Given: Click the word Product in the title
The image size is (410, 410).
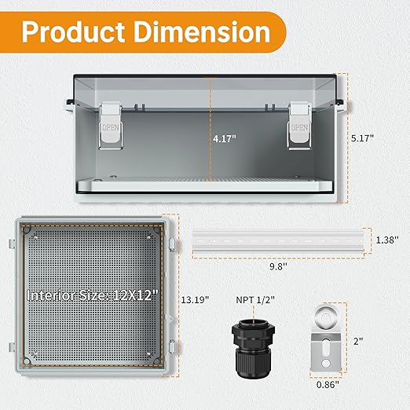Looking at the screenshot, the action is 73,32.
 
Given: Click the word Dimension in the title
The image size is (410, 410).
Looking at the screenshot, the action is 202,31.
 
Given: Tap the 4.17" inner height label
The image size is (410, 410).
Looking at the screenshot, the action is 225,138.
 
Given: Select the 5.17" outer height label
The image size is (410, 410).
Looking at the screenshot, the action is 362,138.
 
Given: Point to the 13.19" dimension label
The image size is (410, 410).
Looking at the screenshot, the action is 195,300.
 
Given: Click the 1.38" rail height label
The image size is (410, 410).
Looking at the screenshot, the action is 387,240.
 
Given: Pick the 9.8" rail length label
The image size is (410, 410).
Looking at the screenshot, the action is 278,266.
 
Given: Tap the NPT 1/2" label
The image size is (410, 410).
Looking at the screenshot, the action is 255,300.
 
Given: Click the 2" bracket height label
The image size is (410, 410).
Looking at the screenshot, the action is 358,341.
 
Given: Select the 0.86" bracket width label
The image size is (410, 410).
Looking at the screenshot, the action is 328,385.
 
